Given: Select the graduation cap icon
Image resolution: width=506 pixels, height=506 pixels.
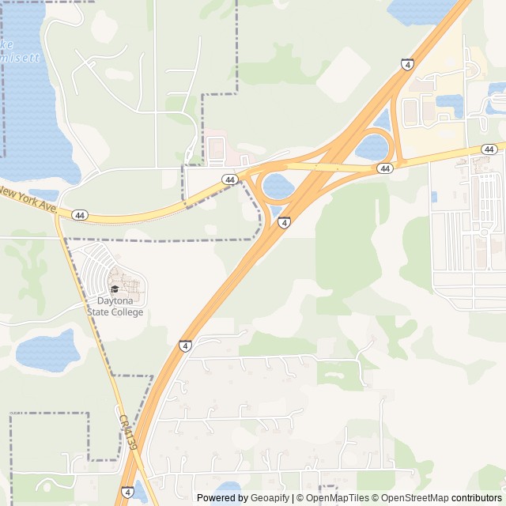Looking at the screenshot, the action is (115, 289).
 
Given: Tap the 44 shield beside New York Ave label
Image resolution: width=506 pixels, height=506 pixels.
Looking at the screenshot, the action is (79, 215).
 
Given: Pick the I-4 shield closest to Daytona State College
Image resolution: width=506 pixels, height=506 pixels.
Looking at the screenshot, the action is (184, 346).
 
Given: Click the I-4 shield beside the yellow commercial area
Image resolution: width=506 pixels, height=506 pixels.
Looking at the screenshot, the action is (407, 65).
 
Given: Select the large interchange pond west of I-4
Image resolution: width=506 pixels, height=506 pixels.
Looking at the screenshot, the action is (278, 187).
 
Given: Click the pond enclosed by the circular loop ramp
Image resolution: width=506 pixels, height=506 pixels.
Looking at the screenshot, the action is (373, 146).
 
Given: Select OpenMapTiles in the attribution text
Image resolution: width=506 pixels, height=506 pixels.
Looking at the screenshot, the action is (337, 498).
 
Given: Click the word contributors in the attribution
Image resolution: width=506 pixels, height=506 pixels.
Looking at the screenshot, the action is (477, 498).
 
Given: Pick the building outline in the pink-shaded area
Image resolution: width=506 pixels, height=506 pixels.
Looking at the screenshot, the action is (216, 148).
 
